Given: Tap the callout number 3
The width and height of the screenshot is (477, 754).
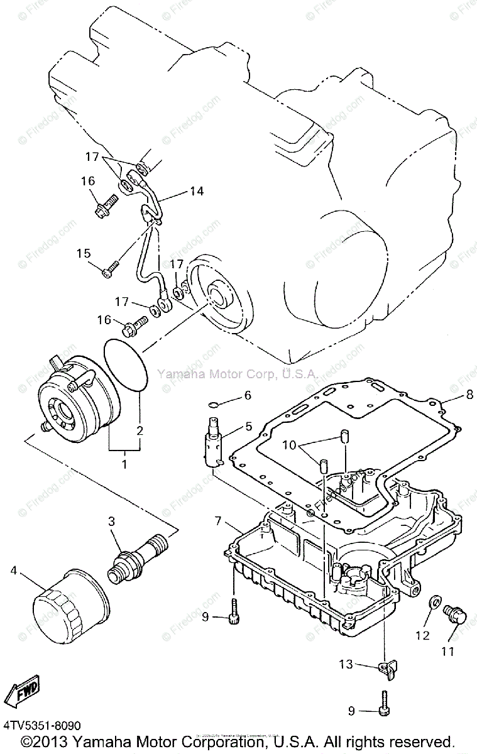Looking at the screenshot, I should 111,521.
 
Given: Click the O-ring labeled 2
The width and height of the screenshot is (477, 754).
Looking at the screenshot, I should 124,366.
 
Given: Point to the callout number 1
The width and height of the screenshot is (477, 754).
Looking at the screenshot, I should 124,465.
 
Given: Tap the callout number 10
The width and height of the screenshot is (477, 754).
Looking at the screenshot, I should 288,445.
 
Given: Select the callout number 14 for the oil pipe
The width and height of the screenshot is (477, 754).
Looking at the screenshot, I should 197,191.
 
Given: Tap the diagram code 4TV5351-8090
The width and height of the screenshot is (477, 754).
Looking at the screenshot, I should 41,725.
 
